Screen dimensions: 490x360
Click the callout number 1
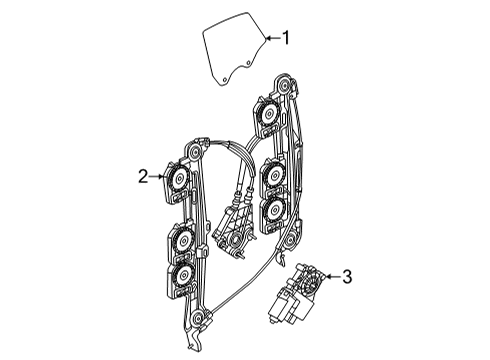click(x=286, y=38)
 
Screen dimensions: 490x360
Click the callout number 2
click(x=143, y=176)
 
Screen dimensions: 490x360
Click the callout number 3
click(x=347, y=277)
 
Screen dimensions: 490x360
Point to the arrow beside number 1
click(x=273, y=38)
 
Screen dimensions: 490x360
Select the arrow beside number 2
click(x=157, y=176)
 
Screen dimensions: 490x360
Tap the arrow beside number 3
click(x=332, y=276)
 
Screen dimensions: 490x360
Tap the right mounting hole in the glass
click(x=248, y=63)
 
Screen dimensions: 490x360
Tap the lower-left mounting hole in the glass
click(x=225, y=79)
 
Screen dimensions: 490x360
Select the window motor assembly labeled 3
click(x=296, y=293)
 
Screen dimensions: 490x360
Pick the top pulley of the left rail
click(x=194, y=152)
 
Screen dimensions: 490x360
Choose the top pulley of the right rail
click(x=284, y=86)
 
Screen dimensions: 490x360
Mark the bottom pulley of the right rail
click(x=291, y=239)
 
